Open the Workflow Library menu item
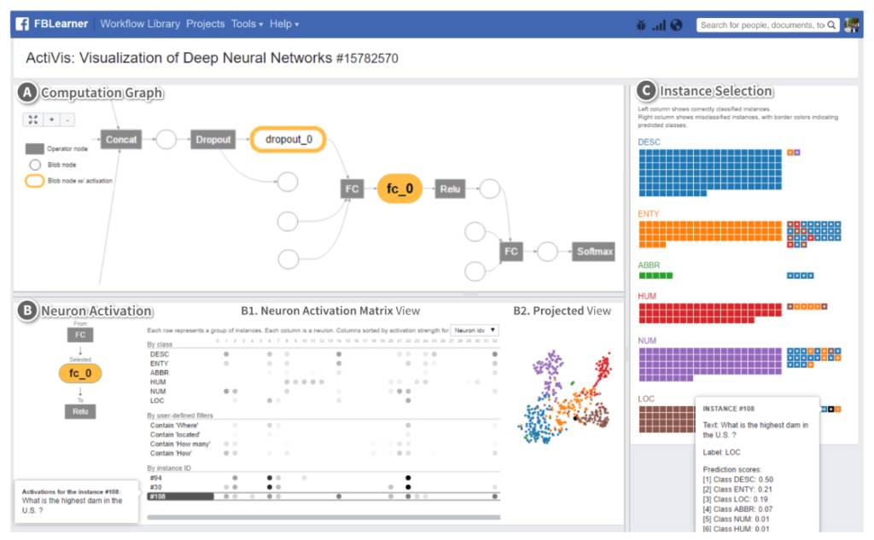(x=140, y=24)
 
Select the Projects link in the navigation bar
(x=206, y=24)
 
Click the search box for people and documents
(x=761, y=25)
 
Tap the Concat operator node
(x=121, y=139)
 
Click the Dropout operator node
(x=213, y=139)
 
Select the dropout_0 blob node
(x=288, y=139)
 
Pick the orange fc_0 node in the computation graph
(x=399, y=189)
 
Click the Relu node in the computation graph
(x=451, y=189)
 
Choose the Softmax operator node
(x=595, y=252)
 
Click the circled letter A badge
(x=28, y=92)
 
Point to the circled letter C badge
(x=647, y=91)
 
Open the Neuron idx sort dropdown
(x=475, y=329)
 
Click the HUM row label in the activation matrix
(x=158, y=381)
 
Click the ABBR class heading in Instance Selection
(x=649, y=265)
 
